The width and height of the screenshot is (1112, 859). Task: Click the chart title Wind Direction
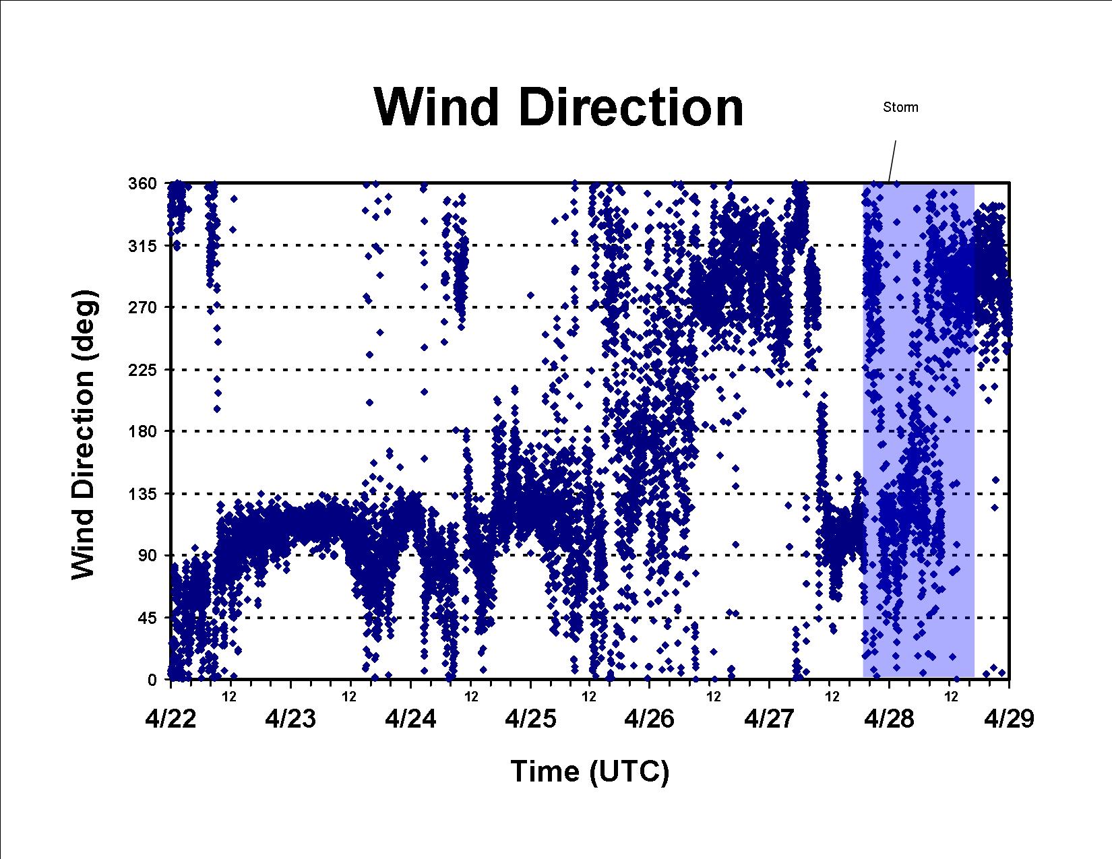[x=559, y=107]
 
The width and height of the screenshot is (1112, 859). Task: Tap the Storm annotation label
[x=900, y=107]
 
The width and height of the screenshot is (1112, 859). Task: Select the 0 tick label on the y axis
[x=152, y=680]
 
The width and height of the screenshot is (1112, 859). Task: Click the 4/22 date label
[x=171, y=719]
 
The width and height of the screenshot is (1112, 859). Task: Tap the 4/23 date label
[x=290, y=719]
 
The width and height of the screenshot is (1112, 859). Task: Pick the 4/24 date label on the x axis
[x=410, y=719]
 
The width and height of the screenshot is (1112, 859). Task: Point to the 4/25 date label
[x=530, y=719]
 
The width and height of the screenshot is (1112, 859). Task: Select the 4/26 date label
[x=650, y=719]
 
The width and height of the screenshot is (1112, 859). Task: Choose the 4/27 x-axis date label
[x=769, y=719]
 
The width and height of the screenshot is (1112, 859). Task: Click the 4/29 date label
[x=1009, y=719]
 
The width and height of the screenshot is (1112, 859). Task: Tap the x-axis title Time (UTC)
[x=590, y=772]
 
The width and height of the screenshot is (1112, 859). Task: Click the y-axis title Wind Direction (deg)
[x=84, y=435]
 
